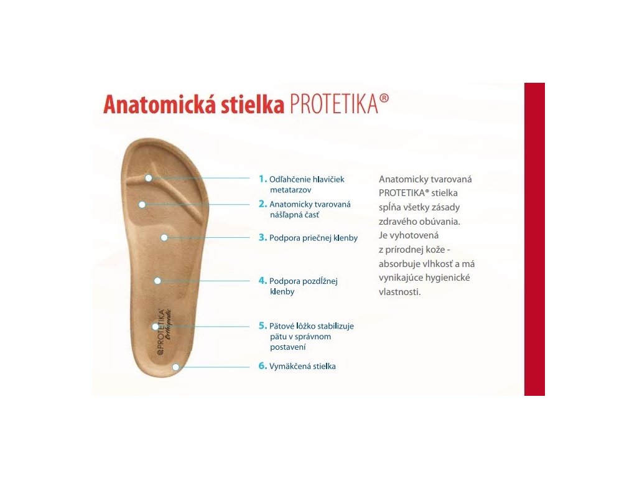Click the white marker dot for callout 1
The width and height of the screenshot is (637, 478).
[x=149, y=178]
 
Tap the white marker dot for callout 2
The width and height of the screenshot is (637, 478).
[x=142, y=204]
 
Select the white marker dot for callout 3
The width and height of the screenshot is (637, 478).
[x=164, y=237]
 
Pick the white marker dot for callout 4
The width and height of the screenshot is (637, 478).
[x=157, y=281]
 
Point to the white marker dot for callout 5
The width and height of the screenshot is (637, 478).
[x=155, y=326]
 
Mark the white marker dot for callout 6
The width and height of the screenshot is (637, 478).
[x=175, y=367]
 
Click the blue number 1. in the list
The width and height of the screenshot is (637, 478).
[x=263, y=179]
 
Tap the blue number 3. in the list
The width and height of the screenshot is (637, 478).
[x=263, y=237]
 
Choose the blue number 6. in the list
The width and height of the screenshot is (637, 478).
[x=263, y=366]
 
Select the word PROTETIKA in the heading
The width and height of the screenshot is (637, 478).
[x=334, y=104]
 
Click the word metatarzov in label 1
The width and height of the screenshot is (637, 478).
[x=291, y=190]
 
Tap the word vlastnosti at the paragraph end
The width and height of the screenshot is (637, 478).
[x=399, y=292]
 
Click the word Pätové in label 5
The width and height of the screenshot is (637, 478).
[x=282, y=326]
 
